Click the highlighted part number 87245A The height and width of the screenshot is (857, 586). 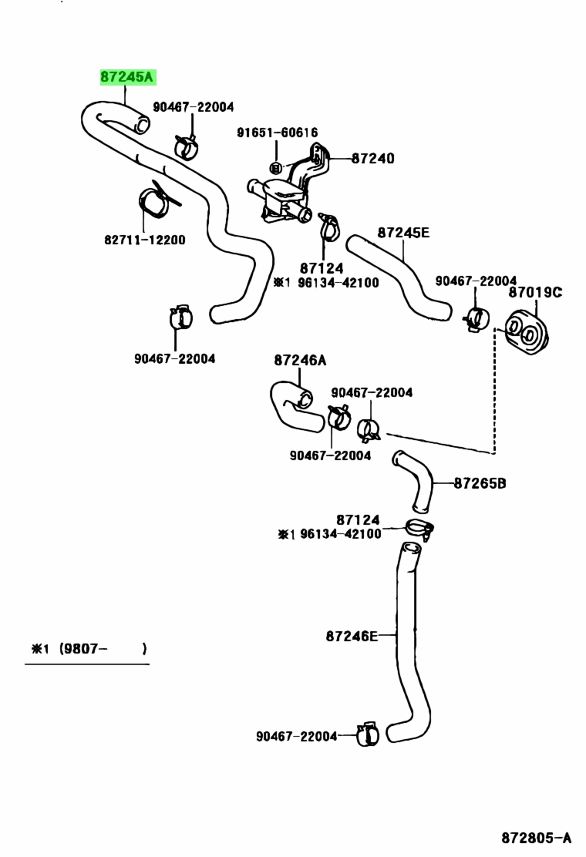pyautogui.click(x=128, y=77)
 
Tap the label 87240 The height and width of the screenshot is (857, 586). pyautogui.click(x=372, y=159)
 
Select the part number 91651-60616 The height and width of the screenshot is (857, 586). pyautogui.click(x=277, y=133)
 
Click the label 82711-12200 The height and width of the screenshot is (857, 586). pyautogui.click(x=145, y=240)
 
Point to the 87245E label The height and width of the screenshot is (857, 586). pyautogui.click(x=403, y=233)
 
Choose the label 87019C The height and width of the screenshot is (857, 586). pyautogui.click(x=535, y=292)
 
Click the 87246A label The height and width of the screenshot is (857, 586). pyautogui.click(x=300, y=360)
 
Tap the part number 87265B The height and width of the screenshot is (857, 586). pyautogui.click(x=480, y=483)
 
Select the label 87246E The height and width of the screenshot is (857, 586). pyautogui.click(x=352, y=636)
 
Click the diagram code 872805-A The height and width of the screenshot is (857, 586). pyautogui.click(x=536, y=838)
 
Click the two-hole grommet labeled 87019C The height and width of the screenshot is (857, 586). pyautogui.click(x=527, y=331)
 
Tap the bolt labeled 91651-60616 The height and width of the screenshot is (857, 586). pyautogui.click(x=276, y=166)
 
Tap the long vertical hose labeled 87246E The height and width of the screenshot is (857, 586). pyautogui.click(x=407, y=645)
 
